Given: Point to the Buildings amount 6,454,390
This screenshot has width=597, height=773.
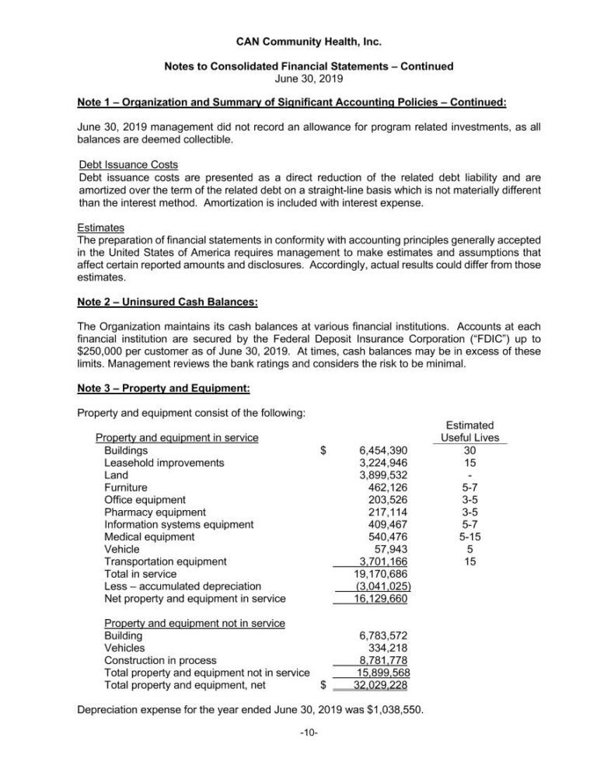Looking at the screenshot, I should click(382, 450).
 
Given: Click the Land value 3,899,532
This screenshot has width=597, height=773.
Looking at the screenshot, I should click(382, 475).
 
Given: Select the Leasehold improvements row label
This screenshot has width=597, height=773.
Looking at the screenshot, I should click(164, 463).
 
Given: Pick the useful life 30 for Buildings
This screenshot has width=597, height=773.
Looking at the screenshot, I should click(469, 450).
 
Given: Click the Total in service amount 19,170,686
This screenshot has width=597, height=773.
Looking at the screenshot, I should click(379, 574).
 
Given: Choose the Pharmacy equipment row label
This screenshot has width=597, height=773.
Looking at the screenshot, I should click(155, 512).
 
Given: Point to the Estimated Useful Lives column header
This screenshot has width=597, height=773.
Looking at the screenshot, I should click(470, 432).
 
